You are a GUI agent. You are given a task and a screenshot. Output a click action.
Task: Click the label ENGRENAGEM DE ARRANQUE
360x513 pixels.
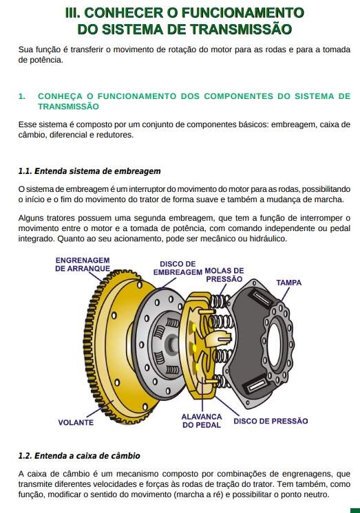coord(83,264)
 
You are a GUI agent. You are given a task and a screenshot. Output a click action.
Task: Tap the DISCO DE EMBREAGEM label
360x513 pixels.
coord(178,268)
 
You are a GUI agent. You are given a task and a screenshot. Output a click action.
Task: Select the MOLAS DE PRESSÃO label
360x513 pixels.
coord(224,275)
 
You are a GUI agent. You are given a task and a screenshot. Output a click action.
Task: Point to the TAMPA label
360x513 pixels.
coord(288,283)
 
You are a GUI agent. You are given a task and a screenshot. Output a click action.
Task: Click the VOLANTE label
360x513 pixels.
coord(76,422)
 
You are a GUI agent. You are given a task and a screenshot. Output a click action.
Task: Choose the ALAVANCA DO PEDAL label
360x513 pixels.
coord(202,421)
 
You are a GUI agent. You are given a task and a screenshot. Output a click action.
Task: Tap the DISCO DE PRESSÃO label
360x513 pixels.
coord(271,421)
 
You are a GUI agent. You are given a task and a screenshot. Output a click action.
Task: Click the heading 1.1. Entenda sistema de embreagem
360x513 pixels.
coord(89,171)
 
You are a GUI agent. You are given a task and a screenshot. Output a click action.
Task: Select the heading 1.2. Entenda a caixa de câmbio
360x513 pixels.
coord(79,456)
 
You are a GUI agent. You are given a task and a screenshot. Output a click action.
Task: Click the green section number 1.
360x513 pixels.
coord(21,96)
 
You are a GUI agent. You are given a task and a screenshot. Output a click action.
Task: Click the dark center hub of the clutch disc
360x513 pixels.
coord(171,344)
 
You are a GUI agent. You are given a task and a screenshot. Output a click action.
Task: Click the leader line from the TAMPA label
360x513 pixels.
coord(285,294)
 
